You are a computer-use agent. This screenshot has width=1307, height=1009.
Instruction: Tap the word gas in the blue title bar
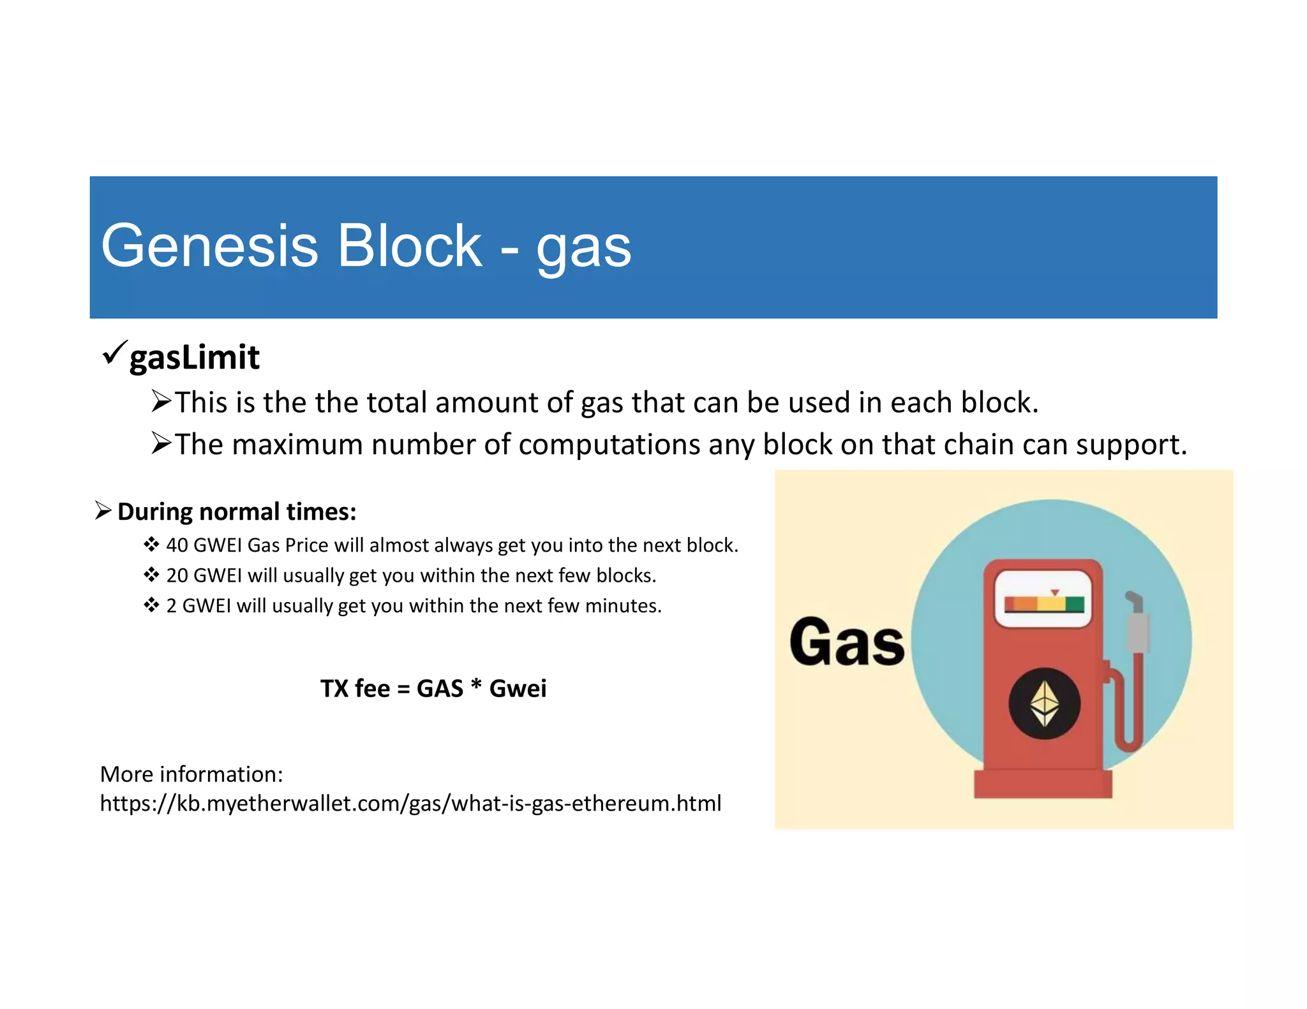[x=583, y=249]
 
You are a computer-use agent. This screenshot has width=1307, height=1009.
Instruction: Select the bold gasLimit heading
[x=194, y=357]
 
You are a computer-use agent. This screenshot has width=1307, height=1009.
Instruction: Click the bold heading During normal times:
[x=237, y=512]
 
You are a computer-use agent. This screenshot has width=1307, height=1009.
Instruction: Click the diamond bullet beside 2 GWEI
[x=151, y=605]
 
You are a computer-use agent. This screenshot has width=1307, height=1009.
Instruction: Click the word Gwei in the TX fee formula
[x=518, y=689]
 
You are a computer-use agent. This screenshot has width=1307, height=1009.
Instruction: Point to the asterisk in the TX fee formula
[x=475, y=686]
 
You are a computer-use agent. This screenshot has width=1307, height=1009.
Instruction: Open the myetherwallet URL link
[x=410, y=803]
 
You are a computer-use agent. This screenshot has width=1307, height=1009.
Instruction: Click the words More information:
[x=191, y=774]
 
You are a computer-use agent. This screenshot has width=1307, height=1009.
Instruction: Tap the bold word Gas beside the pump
[x=847, y=642]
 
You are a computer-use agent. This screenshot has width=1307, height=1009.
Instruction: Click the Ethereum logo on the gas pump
[x=1044, y=703]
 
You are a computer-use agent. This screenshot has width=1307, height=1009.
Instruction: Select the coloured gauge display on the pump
[x=1043, y=603]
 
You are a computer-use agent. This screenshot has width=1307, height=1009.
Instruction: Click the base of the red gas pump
[x=1043, y=784]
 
